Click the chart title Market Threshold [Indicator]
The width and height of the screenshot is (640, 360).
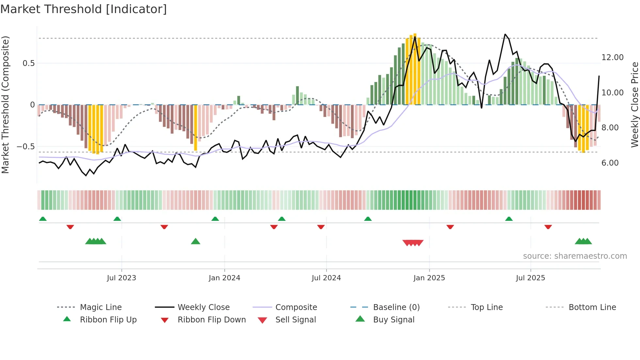[x=84, y=9]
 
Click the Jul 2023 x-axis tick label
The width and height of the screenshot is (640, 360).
[x=121, y=278]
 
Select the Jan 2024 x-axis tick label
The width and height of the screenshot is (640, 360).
[x=224, y=278]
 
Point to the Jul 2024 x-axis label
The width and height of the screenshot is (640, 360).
[x=326, y=278]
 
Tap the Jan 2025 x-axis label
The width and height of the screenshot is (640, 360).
[x=429, y=278]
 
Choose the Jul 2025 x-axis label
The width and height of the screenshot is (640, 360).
[x=531, y=278]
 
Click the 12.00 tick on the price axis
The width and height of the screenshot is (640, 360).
[x=612, y=57]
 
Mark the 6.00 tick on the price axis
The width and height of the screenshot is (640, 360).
[x=610, y=163]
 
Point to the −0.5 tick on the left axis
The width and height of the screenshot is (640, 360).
[x=26, y=147]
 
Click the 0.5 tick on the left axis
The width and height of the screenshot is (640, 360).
[x=28, y=63]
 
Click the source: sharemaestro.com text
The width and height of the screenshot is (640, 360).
[x=575, y=256]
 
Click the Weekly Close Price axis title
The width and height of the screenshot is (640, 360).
[x=634, y=105]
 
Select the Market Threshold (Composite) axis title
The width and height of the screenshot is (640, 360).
[x=5, y=105]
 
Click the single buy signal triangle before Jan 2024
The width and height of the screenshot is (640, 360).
[x=195, y=242]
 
